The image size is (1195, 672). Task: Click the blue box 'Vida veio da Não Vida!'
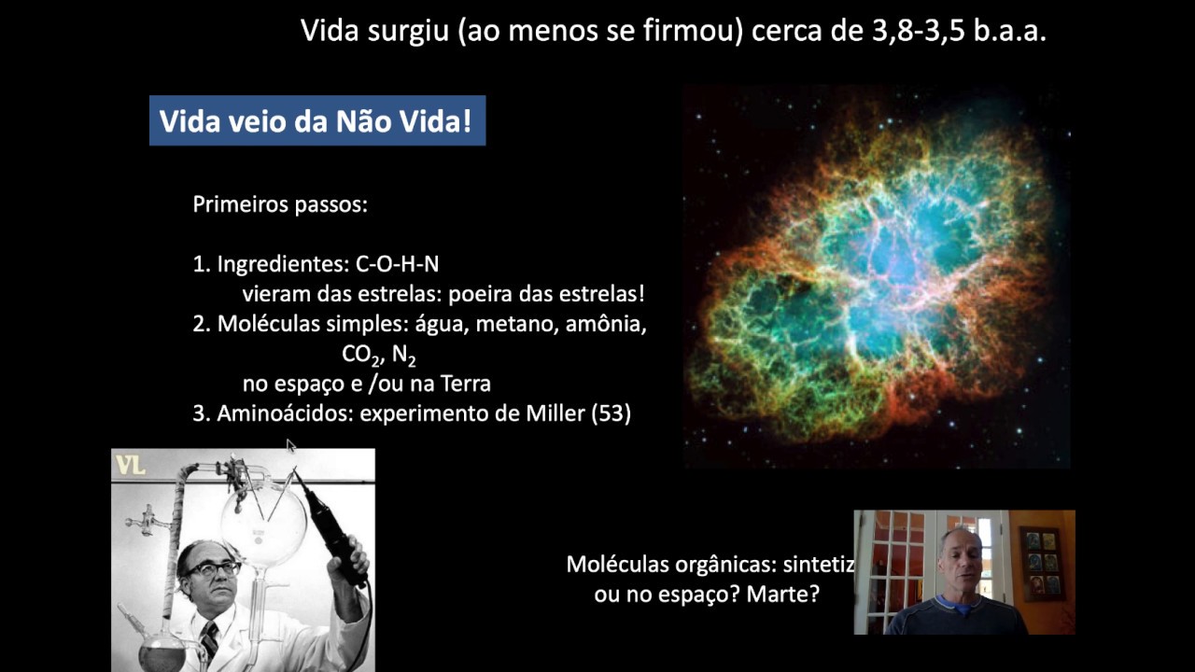click(316, 121)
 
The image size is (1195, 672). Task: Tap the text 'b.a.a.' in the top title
click(1008, 32)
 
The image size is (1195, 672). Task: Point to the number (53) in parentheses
click(611, 413)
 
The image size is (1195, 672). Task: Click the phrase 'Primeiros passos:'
click(280, 204)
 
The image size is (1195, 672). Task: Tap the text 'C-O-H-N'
click(398, 264)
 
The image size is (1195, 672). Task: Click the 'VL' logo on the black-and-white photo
click(130, 465)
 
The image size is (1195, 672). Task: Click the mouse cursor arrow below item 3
click(290, 445)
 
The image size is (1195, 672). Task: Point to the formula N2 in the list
click(404, 355)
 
